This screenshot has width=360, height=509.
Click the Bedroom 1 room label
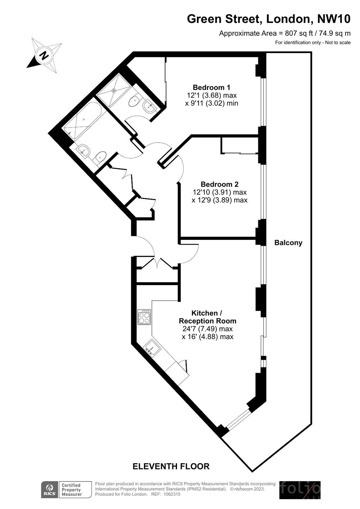point(211,87)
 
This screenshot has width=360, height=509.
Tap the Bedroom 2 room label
point(219,184)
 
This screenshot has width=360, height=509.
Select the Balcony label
point(288,243)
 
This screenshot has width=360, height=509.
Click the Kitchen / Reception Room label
point(208,317)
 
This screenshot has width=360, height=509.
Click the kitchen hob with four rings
point(144,317)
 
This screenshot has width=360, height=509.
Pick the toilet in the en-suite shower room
point(134,101)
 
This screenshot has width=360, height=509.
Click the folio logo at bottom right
point(300,490)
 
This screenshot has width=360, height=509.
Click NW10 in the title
point(334,19)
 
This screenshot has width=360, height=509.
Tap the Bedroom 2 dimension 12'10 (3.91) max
point(220,192)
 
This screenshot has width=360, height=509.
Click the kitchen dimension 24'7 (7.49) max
point(208,329)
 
